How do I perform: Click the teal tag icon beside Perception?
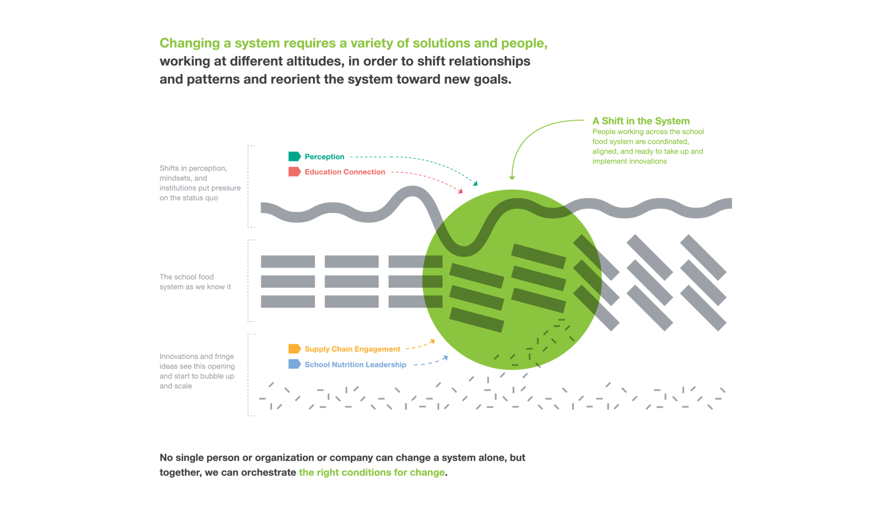(294, 156)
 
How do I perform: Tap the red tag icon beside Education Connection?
(294, 172)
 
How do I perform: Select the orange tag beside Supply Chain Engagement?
(294, 349)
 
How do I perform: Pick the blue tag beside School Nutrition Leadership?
(294, 364)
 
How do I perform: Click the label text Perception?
(324, 157)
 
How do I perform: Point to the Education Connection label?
(345, 172)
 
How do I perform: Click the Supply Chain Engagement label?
(352, 349)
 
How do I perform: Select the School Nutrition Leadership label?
(355, 364)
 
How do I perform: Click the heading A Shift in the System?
(641, 121)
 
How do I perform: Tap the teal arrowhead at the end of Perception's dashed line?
(476, 183)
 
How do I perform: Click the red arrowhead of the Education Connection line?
(461, 191)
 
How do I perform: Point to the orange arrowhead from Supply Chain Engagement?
(433, 341)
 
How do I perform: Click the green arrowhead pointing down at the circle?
(512, 178)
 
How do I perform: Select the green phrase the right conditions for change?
(372, 472)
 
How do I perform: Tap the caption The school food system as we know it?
(195, 282)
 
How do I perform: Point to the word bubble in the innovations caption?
(214, 376)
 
